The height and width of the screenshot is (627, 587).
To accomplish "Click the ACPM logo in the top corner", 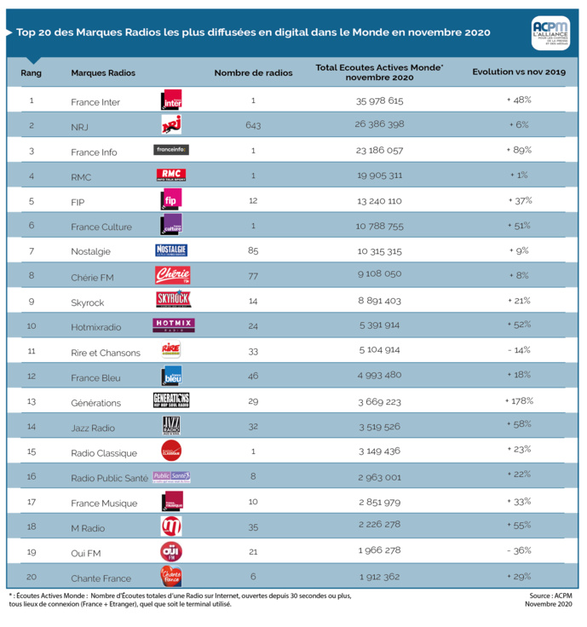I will coord(552,32).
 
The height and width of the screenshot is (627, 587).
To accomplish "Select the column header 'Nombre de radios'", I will coord(253,73).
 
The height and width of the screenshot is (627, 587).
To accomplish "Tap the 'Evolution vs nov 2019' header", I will coord(519,73).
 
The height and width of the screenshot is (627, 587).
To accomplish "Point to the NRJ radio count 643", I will coord(253,125).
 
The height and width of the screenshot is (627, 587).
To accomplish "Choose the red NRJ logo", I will coord(171,125).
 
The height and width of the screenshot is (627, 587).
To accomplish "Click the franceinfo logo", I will coord(171,150).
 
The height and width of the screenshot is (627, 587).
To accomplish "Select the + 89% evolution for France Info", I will coord(519,150).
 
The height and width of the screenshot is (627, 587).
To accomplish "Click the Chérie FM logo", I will coord(171,276).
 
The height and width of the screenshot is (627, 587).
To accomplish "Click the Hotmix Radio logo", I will coord(173,325).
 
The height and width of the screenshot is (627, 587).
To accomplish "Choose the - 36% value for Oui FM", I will coord(519,551).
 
